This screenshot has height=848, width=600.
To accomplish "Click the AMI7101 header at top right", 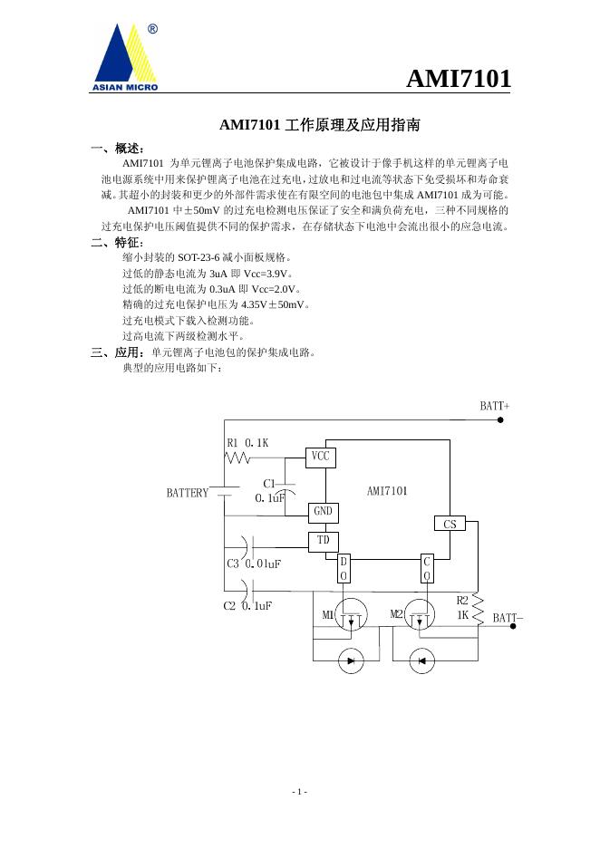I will point(458,80).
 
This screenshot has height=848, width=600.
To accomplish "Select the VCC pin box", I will point(321,457).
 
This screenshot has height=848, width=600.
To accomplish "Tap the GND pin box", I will point(322,512).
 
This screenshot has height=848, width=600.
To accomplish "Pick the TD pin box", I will point(322,541).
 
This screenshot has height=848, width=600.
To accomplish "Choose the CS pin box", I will point(450,524).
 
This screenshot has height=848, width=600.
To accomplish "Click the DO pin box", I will point(344,569).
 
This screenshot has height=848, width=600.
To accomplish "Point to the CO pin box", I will point(428,569).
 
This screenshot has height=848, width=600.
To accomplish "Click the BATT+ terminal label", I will point(494,407).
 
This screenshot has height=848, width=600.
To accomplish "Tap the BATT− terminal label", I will point(508,618).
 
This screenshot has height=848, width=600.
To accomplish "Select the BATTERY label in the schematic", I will point(188,493).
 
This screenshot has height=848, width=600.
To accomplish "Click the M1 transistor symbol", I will point(350,616).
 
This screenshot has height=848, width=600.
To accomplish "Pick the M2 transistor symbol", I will point(419,616).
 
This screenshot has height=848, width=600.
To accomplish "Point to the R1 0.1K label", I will point(247,442).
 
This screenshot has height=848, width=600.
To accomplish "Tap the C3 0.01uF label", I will point(254,564).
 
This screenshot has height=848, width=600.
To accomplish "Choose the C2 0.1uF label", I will point(247,604).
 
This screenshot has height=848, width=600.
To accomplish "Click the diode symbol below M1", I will point(350,660).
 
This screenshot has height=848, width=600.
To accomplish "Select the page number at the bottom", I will point(300,792).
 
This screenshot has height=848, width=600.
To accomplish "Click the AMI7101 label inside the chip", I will point(387,491).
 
